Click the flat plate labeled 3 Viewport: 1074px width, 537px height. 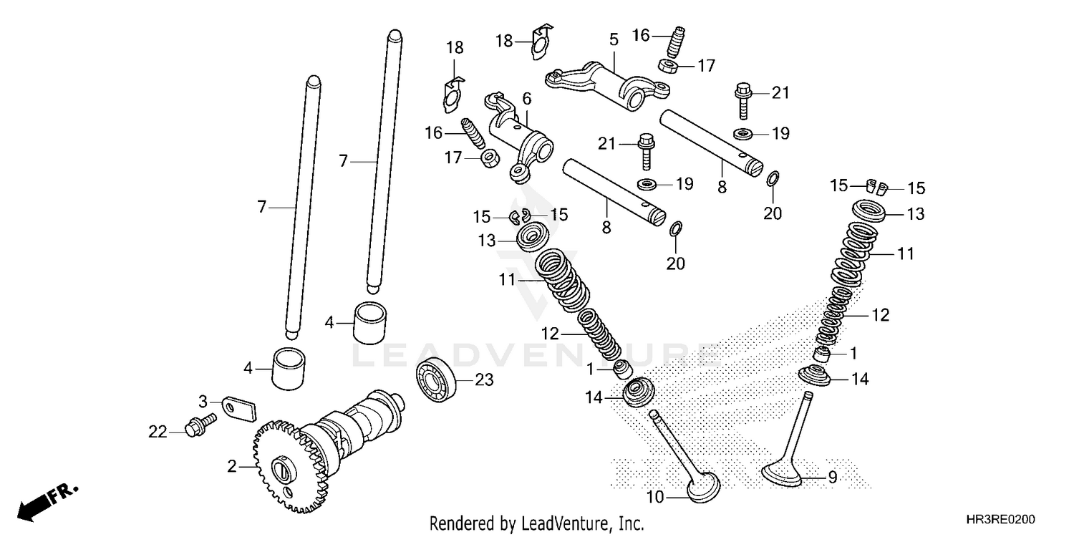(x=236, y=407)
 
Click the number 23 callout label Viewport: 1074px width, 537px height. (x=484, y=380)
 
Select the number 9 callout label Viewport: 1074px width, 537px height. (x=832, y=478)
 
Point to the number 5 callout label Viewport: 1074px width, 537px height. (x=614, y=39)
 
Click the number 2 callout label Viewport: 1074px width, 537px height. (x=232, y=467)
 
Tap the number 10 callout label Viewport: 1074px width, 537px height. (x=655, y=496)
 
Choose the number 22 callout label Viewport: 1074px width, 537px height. (x=158, y=432)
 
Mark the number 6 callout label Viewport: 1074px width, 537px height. (x=526, y=98)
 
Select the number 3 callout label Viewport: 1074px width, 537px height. (x=203, y=400)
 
